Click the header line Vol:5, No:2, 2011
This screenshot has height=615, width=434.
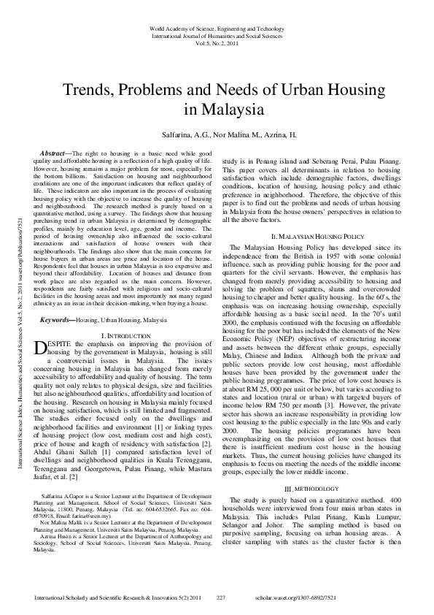coord(217,43)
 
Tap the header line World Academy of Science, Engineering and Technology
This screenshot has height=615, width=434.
coord(217,27)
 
